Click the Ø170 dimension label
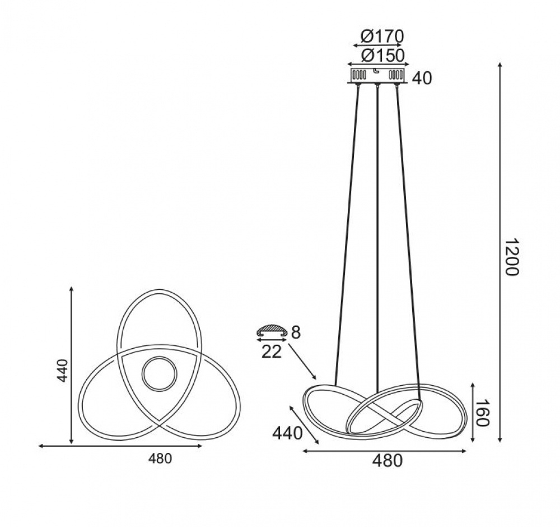click(x=382, y=36)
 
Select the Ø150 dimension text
click(x=382, y=56)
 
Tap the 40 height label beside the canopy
click(x=422, y=78)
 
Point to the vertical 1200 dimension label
click(x=511, y=256)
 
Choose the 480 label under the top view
click(x=160, y=459)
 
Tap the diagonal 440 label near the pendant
click(x=287, y=433)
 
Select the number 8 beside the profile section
click(x=296, y=332)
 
